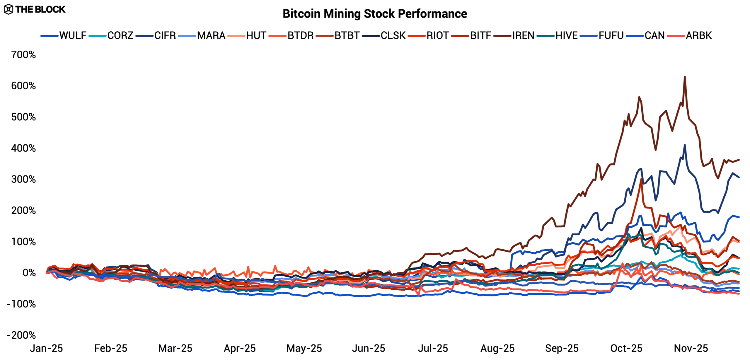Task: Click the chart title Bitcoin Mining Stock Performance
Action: [375, 14]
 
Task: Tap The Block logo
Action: [35, 9]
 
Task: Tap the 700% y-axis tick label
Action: [23, 55]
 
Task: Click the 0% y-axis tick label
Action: [29, 273]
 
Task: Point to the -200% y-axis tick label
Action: [21, 335]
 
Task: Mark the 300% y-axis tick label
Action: [23, 179]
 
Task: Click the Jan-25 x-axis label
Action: [46, 348]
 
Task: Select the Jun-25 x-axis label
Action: [369, 348]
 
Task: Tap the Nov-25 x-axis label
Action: [691, 348]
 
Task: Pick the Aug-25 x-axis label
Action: [497, 348]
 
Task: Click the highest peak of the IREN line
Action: [685, 77]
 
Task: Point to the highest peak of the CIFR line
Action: [685, 145]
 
